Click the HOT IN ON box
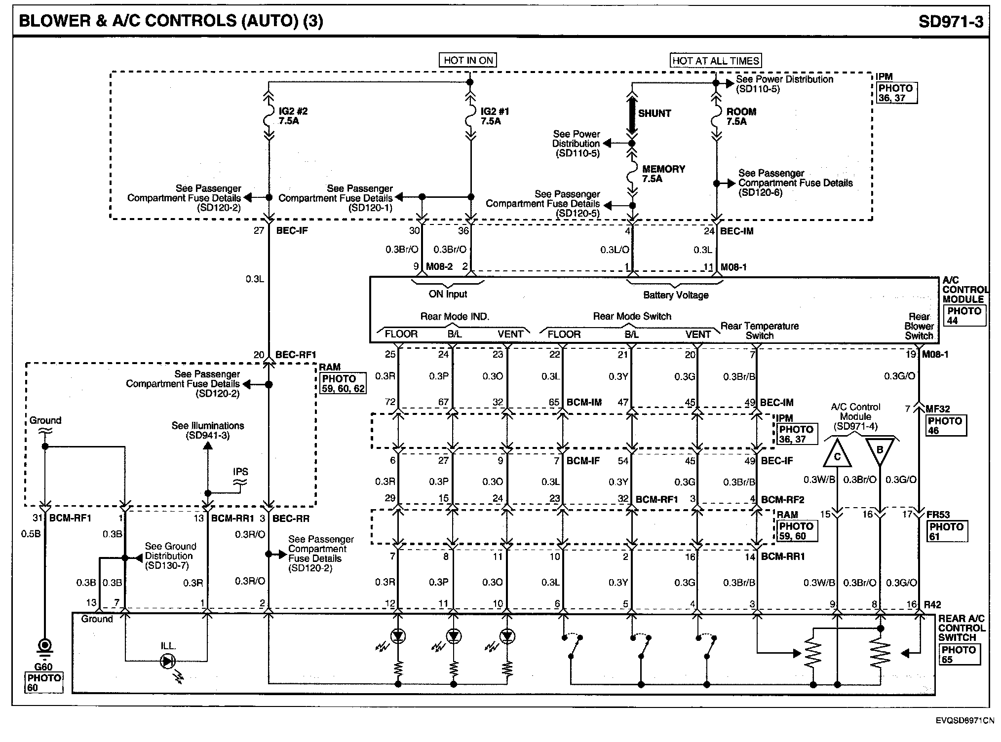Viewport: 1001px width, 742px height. click(468, 60)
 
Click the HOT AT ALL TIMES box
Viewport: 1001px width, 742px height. click(716, 61)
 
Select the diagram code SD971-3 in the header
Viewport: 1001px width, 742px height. click(950, 21)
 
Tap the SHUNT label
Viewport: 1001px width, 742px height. click(654, 113)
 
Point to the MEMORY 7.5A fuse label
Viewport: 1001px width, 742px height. click(663, 174)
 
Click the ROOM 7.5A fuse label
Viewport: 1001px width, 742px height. click(741, 116)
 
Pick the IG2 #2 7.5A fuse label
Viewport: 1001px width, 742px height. click(293, 116)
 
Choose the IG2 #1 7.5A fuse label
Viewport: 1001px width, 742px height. click(494, 116)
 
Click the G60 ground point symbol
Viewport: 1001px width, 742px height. click(45, 645)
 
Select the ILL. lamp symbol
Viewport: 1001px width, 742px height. click(168, 661)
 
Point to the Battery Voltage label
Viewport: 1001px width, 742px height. click(676, 295)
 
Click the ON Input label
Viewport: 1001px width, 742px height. click(448, 294)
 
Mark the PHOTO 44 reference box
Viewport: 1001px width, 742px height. click(964, 316)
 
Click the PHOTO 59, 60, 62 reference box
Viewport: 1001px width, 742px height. click(344, 383)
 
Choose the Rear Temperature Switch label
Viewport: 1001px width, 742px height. click(759, 331)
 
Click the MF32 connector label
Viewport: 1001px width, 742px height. click(938, 409)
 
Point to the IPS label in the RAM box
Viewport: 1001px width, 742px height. click(240, 472)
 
